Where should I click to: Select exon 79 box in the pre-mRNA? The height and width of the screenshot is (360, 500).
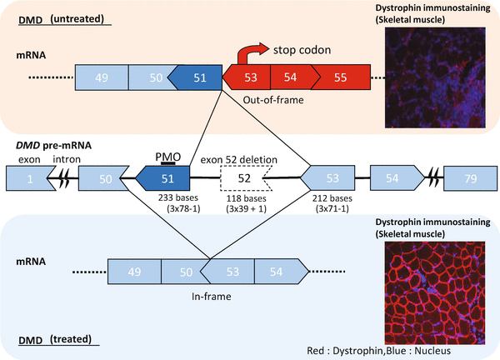pyautogui.click(x=469, y=178)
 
